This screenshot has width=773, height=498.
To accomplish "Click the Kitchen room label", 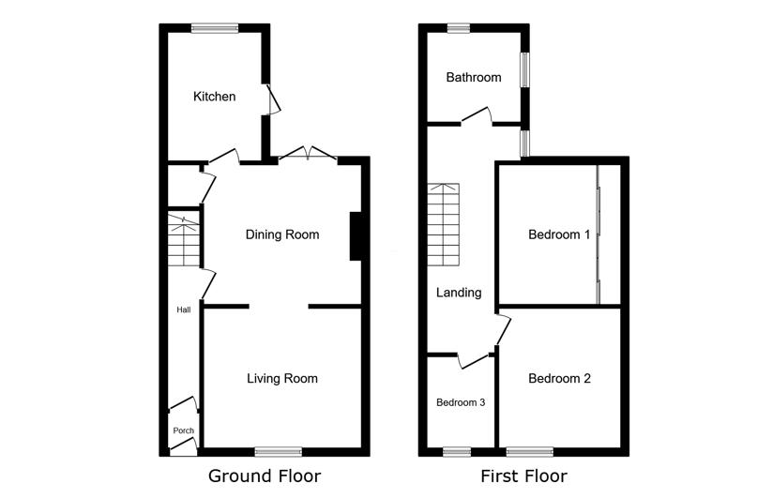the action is point(214,97).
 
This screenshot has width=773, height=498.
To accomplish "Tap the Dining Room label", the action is point(282,234).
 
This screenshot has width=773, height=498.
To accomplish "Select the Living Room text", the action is point(282,378).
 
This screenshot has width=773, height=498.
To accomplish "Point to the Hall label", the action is point(183,309).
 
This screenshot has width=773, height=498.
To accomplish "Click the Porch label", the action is point(183,430).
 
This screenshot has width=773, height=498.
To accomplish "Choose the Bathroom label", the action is point(473,77).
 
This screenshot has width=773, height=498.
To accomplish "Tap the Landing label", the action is point(459,293).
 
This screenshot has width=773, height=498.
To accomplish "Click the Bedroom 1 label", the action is point(559,234).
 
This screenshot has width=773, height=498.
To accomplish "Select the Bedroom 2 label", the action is point(559,378).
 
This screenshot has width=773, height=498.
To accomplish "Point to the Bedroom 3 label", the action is point(461,402).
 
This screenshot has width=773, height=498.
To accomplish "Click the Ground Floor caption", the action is point(265,475).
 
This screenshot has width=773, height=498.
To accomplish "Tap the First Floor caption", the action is point(523,475).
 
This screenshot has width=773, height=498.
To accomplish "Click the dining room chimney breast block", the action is point(356,236).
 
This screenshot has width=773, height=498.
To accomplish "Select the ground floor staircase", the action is point(183,240).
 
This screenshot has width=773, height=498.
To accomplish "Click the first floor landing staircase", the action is point(443,225).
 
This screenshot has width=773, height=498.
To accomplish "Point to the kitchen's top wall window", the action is point(215,28).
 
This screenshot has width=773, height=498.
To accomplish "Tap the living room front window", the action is point(279,452).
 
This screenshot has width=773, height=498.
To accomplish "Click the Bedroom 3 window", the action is point(457,452).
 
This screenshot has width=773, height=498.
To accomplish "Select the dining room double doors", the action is point(308,153).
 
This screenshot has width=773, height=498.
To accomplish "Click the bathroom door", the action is point(477,115).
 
